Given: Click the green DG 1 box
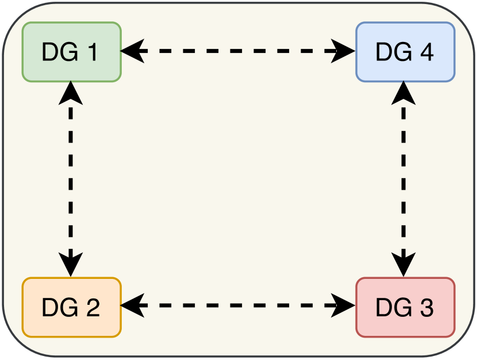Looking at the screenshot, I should point(71,52).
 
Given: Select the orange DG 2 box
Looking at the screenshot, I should point(71,307).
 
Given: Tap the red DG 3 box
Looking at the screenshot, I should point(405,307).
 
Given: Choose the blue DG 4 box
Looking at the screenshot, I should point(405,52).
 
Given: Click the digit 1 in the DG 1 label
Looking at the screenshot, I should point(92,52).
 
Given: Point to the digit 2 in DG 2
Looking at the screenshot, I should point(92,308).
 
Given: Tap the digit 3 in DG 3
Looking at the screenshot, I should point(426,308).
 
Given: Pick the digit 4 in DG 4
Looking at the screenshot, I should point(426,52).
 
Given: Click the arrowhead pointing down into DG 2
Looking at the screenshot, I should point(71,266).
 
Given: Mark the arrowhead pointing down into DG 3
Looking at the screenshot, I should point(404,266).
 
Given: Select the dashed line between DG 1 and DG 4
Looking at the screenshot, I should point(238,52).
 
